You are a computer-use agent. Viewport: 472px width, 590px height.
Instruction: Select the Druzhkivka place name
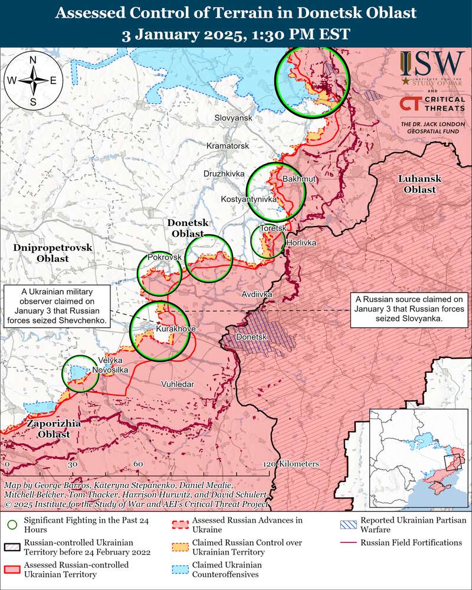click(x=224, y=174)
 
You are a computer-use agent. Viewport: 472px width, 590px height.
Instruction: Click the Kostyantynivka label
click(x=248, y=200)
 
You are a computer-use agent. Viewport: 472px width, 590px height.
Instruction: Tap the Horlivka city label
click(x=301, y=243)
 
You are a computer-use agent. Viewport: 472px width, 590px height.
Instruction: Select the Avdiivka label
click(x=257, y=293)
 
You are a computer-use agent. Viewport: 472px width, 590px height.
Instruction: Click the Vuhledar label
click(x=178, y=384)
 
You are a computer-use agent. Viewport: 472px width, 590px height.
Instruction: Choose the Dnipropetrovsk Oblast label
click(x=53, y=253)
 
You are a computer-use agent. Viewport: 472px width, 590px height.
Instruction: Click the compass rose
click(x=34, y=81)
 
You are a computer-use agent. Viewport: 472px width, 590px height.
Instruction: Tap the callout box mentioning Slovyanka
click(x=409, y=309)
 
